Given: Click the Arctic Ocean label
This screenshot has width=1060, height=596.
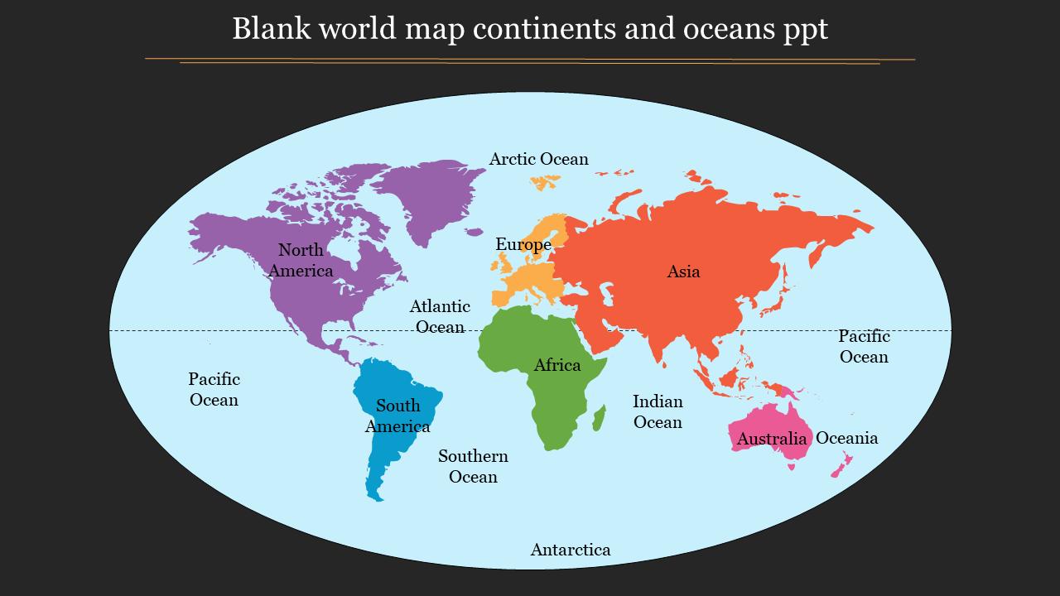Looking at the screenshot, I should point(538,159).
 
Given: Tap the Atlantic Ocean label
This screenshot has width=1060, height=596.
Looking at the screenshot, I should point(440,316).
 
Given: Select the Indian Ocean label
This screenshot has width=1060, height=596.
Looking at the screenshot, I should point(658,411).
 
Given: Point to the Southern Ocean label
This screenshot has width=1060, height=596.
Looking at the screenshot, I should point(473,466).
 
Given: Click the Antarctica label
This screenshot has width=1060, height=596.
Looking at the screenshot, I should point(571,550).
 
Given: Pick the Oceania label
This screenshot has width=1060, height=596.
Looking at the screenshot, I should point(846,438).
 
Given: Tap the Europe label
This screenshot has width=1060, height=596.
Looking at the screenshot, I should point(523,244).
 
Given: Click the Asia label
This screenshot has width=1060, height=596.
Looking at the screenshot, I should point(683,272).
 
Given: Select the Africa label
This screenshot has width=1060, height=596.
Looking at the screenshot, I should point(557,365).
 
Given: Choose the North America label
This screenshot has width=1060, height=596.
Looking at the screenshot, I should point(301,260).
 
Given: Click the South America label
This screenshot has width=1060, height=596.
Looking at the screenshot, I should point(397,416).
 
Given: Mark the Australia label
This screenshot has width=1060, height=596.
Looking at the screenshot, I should point(771,439).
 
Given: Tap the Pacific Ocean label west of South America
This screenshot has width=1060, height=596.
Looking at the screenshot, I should point(214,389).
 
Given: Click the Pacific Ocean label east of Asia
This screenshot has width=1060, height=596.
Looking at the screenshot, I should point(864,346).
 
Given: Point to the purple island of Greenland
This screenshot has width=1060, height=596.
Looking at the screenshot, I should point(431,195).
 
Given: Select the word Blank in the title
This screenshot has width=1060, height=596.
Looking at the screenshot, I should point(270,29).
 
